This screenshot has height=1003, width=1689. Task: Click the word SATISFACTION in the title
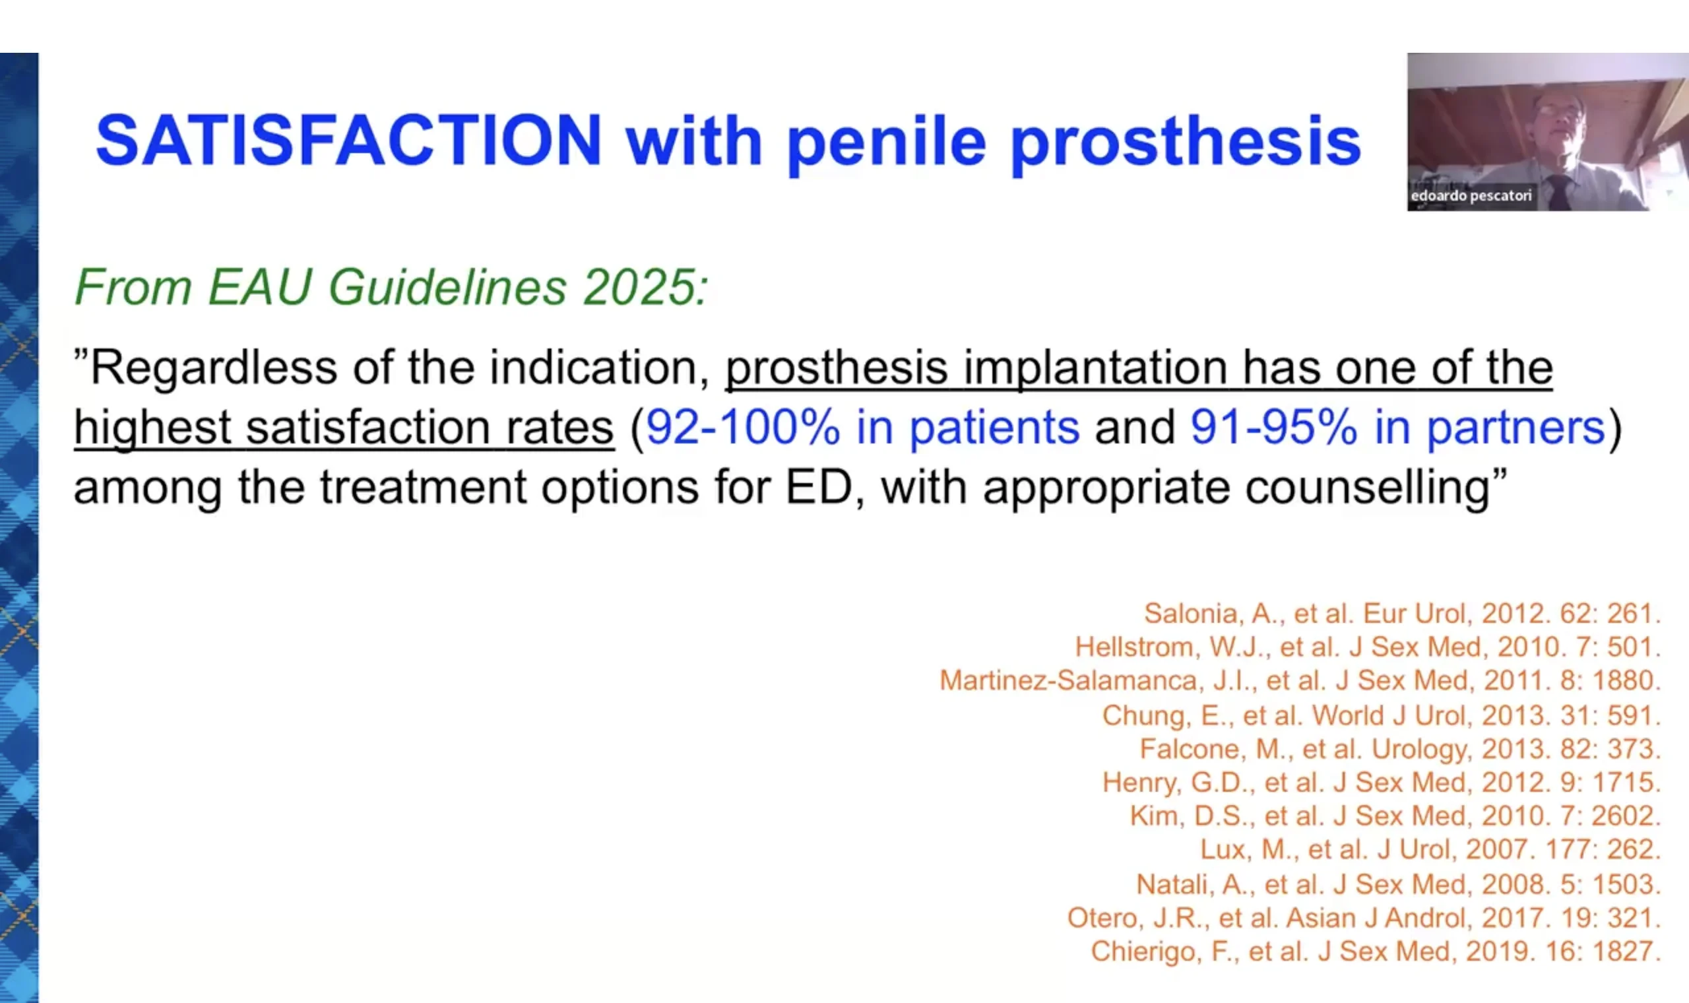click(348, 140)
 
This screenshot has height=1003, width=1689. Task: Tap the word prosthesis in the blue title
click(1186, 144)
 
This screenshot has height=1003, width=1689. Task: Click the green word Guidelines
click(447, 287)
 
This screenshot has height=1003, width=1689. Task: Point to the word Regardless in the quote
click(214, 369)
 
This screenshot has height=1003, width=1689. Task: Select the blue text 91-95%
click(1273, 428)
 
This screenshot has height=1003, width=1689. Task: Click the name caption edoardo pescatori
click(1471, 196)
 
